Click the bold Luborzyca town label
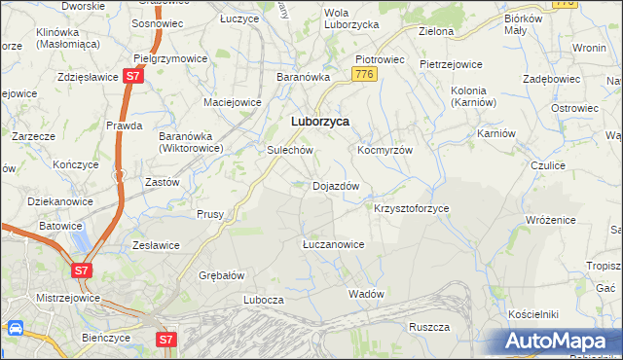coord(320,123)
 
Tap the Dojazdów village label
coord(336,186)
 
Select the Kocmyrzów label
coord(385,151)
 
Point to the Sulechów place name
coord(289,151)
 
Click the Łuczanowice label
coord(333,244)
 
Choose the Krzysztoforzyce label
coord(412,209)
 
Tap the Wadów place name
coord(366,294)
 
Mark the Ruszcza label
coord(428,327)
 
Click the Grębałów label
coord(221,275)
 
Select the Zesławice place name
coord(153,245)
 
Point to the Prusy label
coord(210,214)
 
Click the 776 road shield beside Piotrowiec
coord(365,75)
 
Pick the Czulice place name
coord(548,166)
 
